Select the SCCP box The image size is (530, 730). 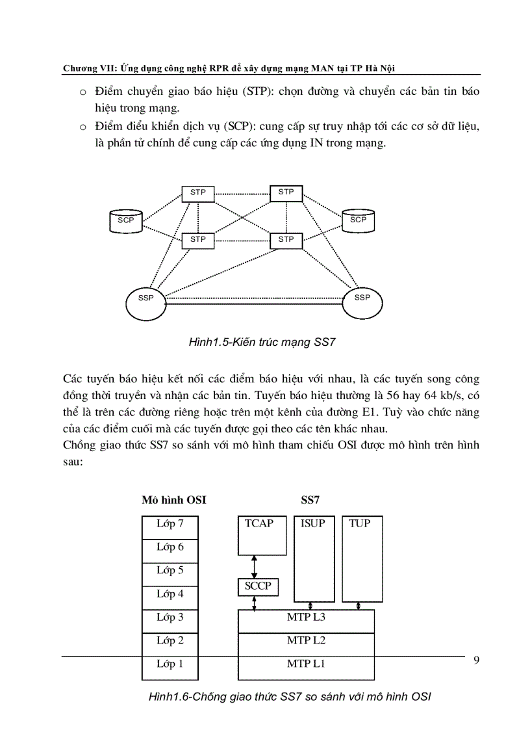[258, 586]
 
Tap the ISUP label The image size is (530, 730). [312, 523]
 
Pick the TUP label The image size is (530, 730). [359, 523]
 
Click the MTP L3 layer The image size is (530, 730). [306, 618]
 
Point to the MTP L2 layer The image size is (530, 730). [306, 641]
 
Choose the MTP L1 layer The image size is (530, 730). [306, 664]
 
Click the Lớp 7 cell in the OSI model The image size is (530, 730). [170, 524]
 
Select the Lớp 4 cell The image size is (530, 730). [170, 594]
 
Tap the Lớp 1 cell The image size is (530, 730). [170, 664]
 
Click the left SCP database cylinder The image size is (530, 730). [125, 220]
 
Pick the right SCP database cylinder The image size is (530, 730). [358, 220]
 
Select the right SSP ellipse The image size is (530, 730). [362, 299]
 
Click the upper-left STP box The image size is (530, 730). [198, 193]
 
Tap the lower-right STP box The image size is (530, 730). [286, 240]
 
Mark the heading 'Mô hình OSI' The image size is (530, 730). [174, 501]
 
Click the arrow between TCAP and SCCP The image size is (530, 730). [254, 566]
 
